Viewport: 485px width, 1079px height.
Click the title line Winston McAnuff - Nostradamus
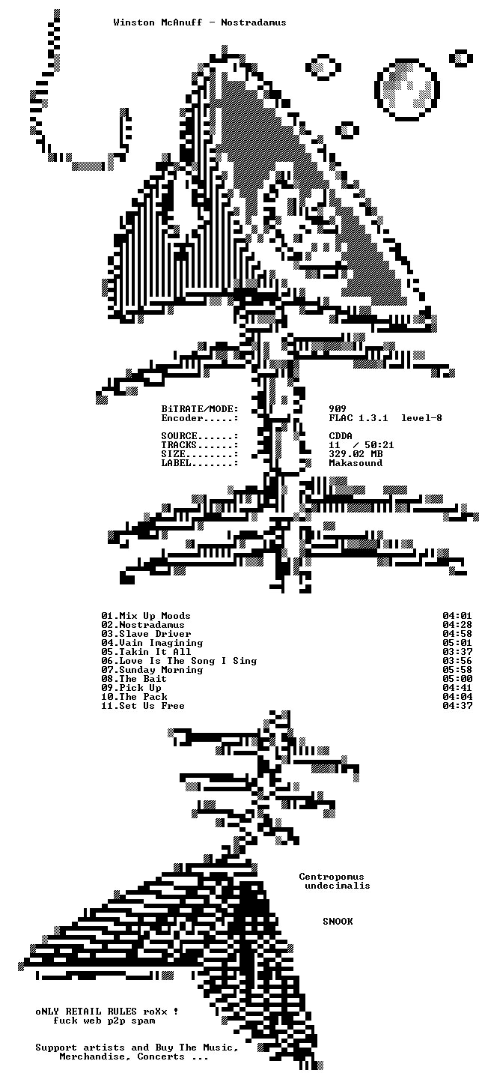[x=200, y=22]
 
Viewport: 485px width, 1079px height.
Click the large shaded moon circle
[x=407, y=90]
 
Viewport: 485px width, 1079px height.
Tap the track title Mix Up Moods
[x=155, y=616]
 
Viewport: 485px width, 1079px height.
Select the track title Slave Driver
[x=155, y=633]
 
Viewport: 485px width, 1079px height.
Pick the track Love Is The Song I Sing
[x=188, y=660]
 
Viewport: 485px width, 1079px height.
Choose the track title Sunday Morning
[x=161, y=670]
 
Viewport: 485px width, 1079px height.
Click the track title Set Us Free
[x=152, y=706]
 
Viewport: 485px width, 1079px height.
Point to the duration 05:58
[x=457, y=670]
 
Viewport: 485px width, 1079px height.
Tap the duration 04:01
[x=457, y=616]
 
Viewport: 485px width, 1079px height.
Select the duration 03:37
[x=457, y=652]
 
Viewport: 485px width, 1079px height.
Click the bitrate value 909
[x=338, y=409]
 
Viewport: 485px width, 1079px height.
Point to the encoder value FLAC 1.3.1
[x=359, y=418]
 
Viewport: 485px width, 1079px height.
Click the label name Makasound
[x=356, y=463]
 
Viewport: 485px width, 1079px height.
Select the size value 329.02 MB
[x=356, y=454]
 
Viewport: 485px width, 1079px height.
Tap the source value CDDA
[x=341, y=436]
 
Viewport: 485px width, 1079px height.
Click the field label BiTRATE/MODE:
[x=200, y=409]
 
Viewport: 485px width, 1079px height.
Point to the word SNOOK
[x=338, y=922]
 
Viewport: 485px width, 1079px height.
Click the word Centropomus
[x=332, y=877]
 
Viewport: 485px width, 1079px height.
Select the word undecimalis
[x=338, y=886]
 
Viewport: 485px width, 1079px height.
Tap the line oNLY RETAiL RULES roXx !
[x=107, y=1012]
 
